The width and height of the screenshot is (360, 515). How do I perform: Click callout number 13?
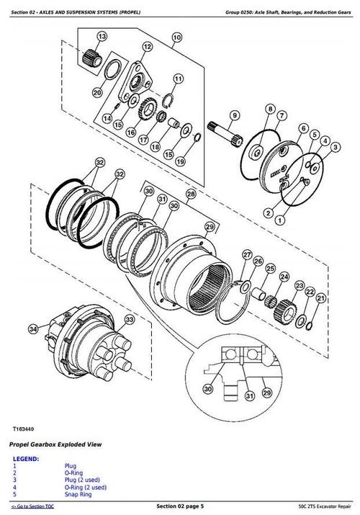pos(101,37)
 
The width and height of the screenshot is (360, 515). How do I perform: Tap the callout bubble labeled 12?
pos(147,47)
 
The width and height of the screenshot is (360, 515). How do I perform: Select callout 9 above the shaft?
pos(234,115)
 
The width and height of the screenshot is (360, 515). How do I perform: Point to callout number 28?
pos(191,195)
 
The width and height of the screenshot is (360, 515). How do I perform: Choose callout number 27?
pos(247,255)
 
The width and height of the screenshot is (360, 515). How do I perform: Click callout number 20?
pos(97,92)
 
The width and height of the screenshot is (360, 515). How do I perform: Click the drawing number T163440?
pos(25,429)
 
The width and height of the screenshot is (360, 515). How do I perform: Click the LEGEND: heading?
pos(26,459)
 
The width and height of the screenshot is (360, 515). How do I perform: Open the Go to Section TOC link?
pos(33,508)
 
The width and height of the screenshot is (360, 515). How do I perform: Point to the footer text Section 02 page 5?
pos(180,508)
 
